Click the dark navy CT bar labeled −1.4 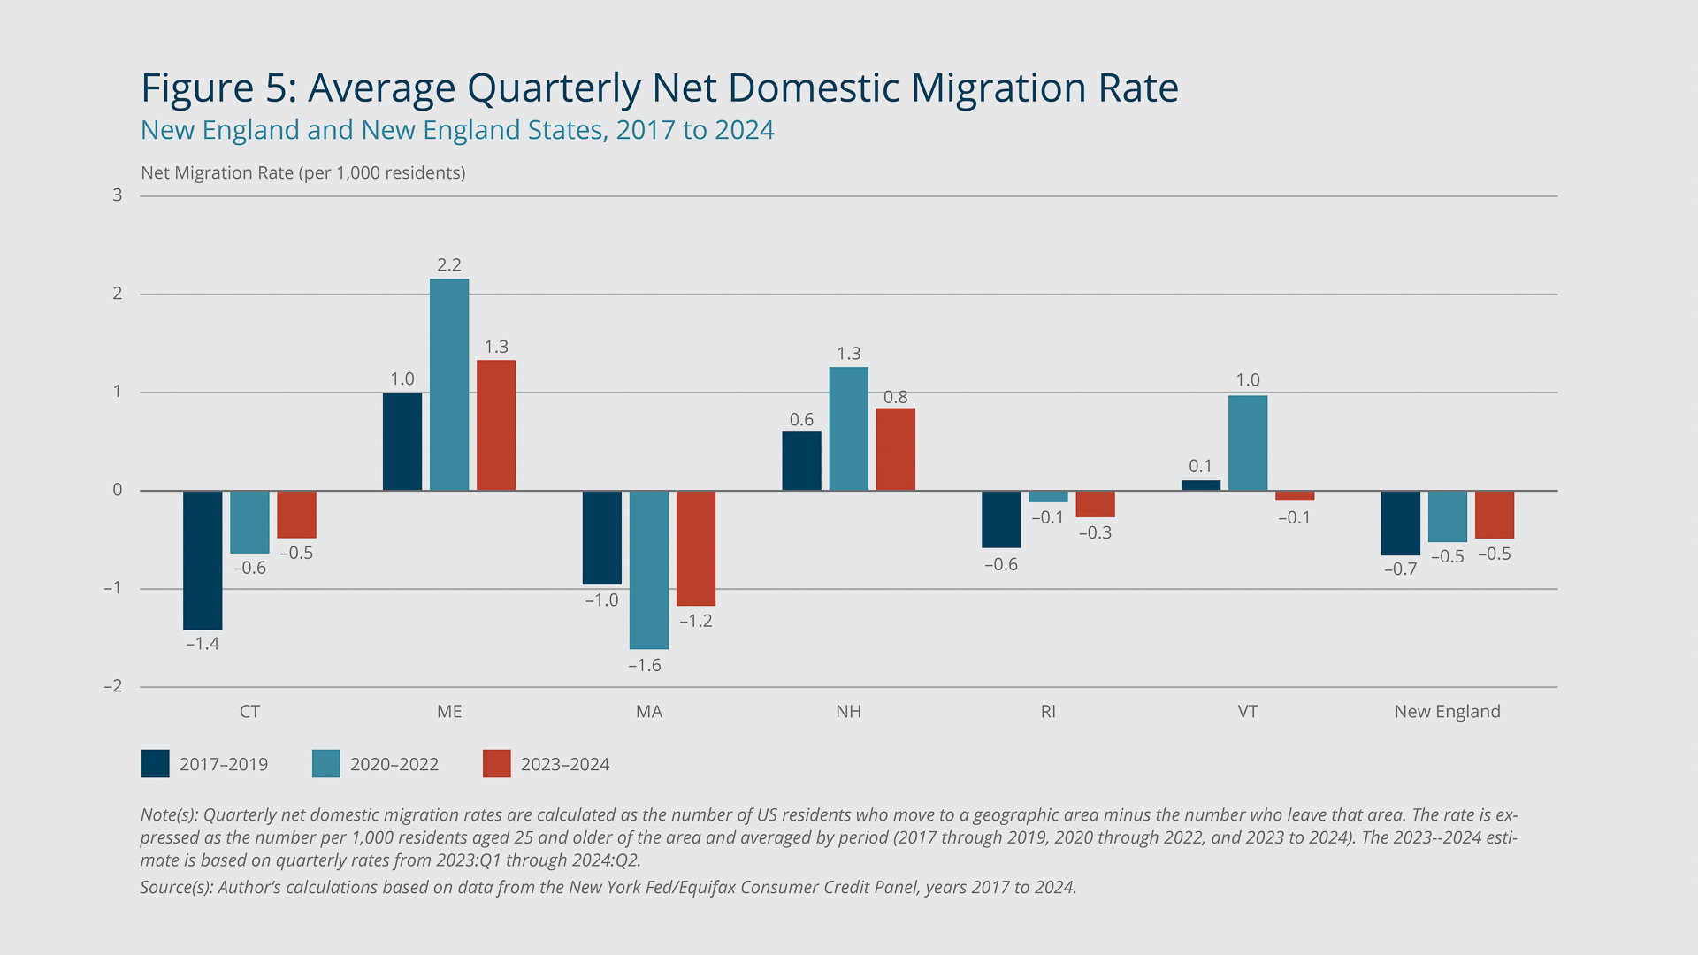[x=203, y=560]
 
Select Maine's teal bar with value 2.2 [x=449, y=385]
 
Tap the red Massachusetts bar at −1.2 [x=696, y=548]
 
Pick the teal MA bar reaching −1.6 [x=649, y=569]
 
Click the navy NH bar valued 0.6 [x=801, y=461]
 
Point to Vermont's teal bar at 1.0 [x=1248, y=443]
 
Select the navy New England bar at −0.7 [x=1401, y=523]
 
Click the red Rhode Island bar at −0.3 [x=1095, y=504]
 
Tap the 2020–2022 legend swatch [x=326, y=764]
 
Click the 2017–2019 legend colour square [x=156, y=764]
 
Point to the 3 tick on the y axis [x=118, y=195]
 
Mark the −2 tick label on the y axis [x=113, y=686]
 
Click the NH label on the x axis [x=848, y=712]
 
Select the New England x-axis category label [x=1447, y=712]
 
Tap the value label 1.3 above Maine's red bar [x=496, y=347]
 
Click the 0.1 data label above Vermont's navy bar [x=1200, y=466]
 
